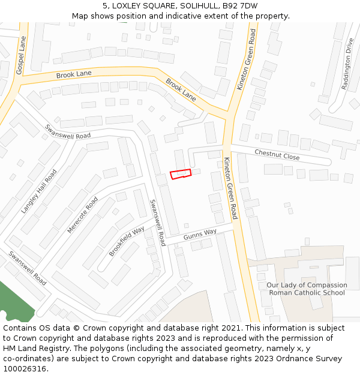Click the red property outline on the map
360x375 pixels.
pos(181,174)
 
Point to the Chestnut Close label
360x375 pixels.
pos(277,155)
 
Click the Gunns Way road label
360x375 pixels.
pos(200,233)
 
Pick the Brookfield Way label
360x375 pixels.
pos(127,242)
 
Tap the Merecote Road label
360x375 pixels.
pos(82,214)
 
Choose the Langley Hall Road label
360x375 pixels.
pos(39,191)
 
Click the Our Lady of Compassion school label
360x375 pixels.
pos(307,289)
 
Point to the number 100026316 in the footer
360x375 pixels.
pos(24,369)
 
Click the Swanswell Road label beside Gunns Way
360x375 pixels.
pos(157,223)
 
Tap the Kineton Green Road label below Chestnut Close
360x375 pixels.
pos(231,188)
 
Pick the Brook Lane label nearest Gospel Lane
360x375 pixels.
pos(74,74)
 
